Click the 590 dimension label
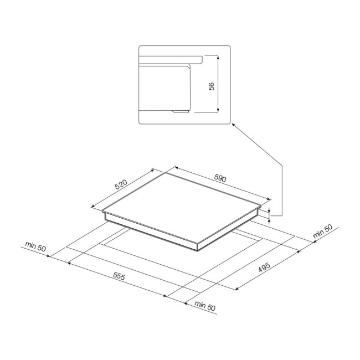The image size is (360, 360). pos(220,178)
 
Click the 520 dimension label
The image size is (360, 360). pos(121,184)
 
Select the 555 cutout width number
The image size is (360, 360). pos(119,276)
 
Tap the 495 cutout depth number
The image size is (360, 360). pos(264,268)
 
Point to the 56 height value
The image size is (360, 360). pos(212,86)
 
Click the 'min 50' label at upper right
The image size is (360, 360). pos(322,231)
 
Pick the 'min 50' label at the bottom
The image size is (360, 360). pos(205,306)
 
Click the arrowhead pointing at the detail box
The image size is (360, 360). pos(233,125)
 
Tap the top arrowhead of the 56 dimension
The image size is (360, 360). pos(218,56)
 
